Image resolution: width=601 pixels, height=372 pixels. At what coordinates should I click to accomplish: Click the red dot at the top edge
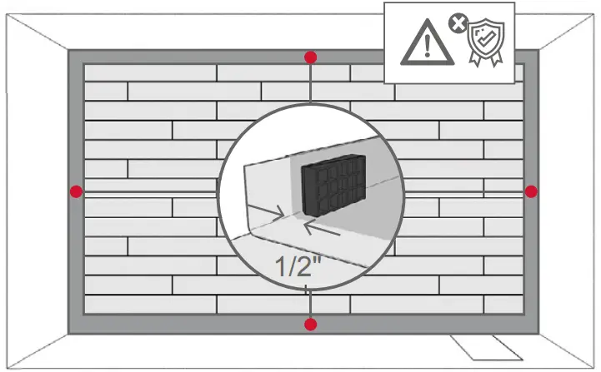click(310, 57)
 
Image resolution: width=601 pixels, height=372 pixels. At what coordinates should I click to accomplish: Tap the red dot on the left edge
click(77, 191)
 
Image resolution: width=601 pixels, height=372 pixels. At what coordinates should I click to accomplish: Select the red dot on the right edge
click(531, 191)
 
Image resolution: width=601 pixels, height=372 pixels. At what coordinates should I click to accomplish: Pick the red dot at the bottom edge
click(310, 324)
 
